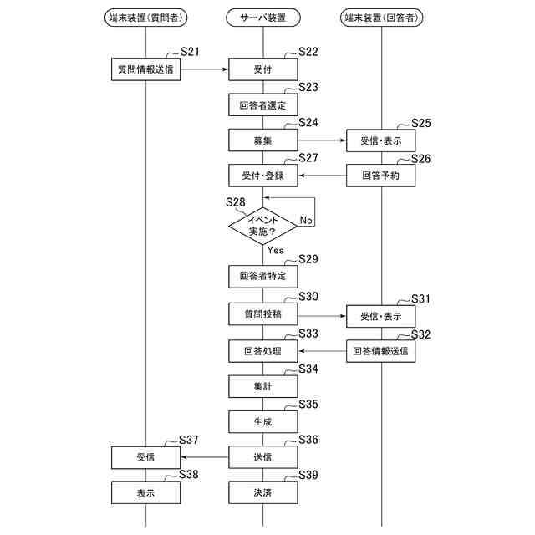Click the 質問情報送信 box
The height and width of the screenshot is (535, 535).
[145, 69]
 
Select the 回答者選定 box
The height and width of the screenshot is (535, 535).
[262, 105]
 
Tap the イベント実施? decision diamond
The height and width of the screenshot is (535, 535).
[262, 223]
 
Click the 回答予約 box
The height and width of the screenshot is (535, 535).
[381, 176]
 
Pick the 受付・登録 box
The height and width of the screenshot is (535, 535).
[262, 176]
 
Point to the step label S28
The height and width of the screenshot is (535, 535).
[236, 201]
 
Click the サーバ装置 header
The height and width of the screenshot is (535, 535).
[262, 17]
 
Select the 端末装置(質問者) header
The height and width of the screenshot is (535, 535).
[146, 17]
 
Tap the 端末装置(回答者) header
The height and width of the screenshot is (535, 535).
[381, 17]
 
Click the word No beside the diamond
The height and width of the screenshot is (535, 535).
[306, 221]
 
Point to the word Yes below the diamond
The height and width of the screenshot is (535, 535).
[276, 249]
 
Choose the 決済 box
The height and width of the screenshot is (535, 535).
[262, 493]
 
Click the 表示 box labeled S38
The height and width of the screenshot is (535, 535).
[145, 493]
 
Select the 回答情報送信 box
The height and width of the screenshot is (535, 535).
[381, 352]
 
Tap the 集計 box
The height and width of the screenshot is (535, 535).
[262, 387]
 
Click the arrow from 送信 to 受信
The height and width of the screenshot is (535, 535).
[204, 457]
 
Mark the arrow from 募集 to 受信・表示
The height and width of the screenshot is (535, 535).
[322, 140]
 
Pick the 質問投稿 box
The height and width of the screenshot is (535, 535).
[262, 316]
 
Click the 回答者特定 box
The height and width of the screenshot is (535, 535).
[262, 275]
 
